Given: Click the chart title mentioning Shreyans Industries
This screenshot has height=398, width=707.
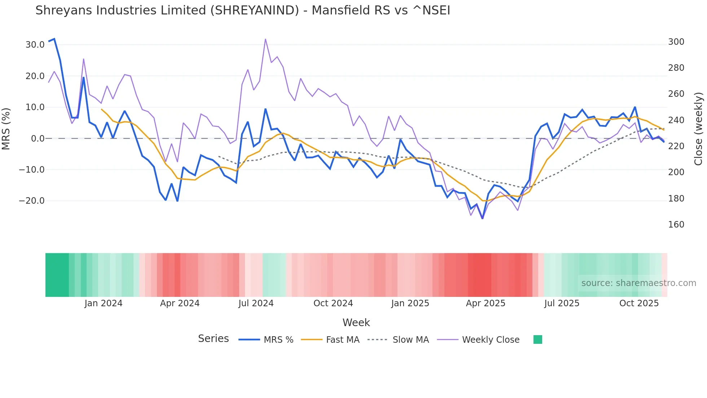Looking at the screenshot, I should [242, 10].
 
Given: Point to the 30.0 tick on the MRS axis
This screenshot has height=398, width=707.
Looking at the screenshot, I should [35, 45].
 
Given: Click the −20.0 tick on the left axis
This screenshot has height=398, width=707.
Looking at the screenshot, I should [32, 201].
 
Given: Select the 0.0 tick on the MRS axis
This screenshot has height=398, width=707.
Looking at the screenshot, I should [38, 139].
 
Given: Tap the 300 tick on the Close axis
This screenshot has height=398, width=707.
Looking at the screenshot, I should [676, 42].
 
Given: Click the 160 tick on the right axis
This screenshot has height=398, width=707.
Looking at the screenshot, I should [676, 225].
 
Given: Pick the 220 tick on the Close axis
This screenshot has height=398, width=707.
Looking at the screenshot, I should [676, 146].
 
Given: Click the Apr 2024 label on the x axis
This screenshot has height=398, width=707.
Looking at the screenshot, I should [180, 303].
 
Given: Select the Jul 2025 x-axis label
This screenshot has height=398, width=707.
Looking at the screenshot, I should [562, 303].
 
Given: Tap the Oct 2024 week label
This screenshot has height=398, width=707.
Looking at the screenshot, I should [333, 303].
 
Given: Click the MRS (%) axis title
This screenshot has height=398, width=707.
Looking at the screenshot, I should [6, 129].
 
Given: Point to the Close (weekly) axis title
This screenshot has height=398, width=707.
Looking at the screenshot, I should [698, 129].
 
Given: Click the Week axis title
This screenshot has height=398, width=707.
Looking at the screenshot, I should [356, 323].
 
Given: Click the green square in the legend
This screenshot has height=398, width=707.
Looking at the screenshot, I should [537, 339].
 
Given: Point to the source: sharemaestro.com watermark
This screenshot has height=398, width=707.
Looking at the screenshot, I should [638, 283].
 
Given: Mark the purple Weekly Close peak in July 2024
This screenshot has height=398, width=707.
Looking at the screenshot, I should [265, 39].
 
